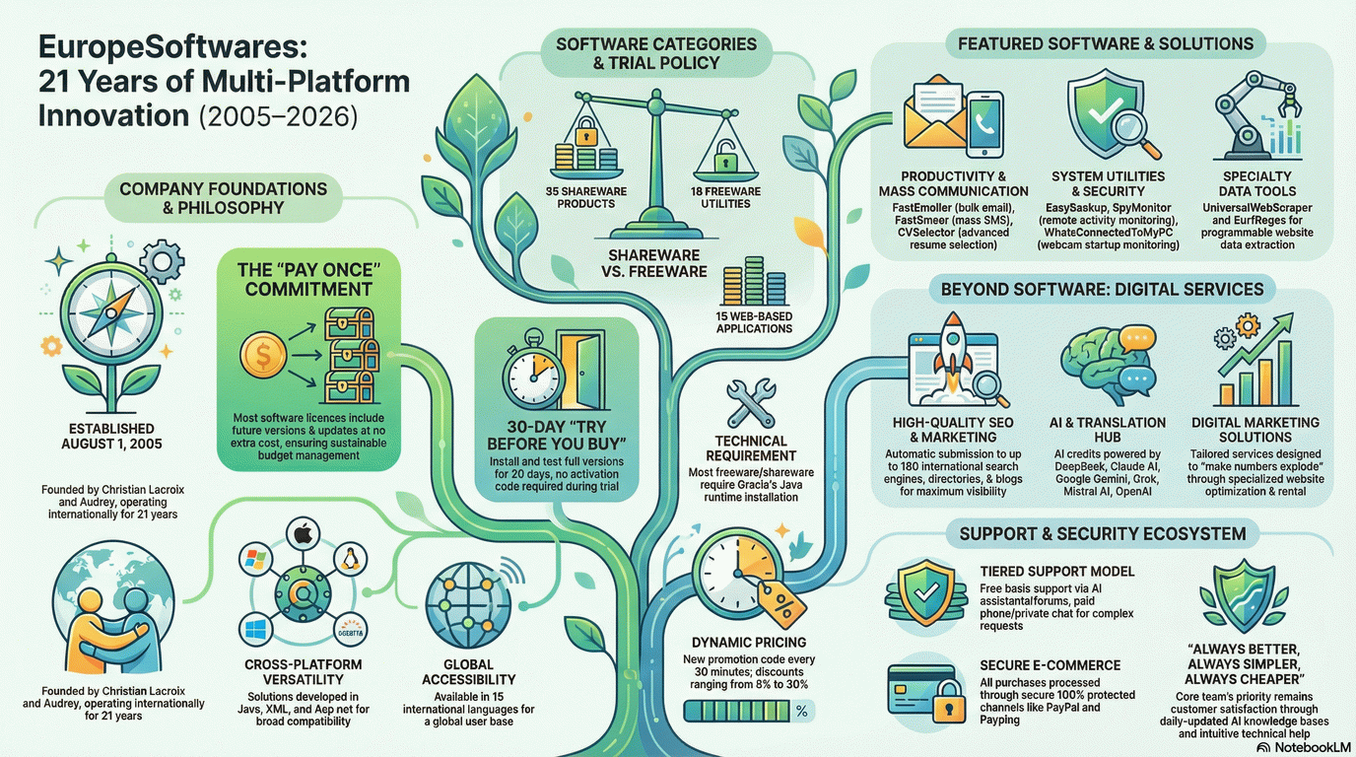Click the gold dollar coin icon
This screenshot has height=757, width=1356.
click(x=263, y=356)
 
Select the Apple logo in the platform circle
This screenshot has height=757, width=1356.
click(x=303, y=536)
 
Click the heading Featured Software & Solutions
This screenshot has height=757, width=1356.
click(x=1099, y=43)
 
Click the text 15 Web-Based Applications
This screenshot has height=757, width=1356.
click(x=755, y=321)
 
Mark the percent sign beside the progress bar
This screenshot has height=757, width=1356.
click(x=801, y=710)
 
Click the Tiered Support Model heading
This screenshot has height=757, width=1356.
click(x=1057, y=571)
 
